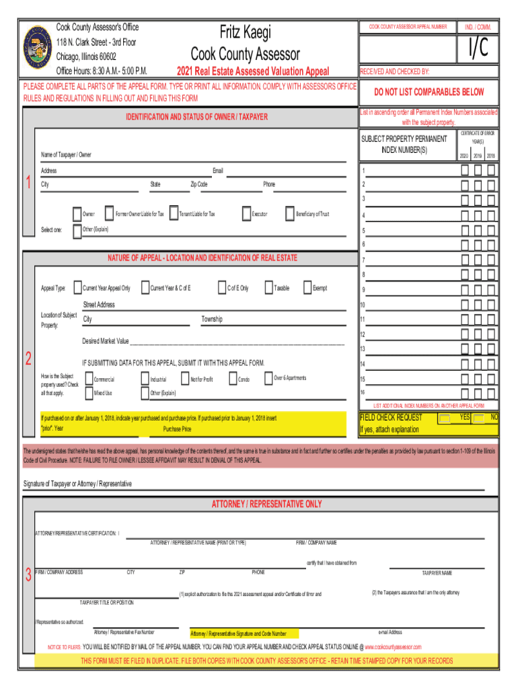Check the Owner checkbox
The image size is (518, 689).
tap(76, 214)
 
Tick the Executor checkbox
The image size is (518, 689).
tap(247, 214)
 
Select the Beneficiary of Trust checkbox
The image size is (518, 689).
tap(290, 214)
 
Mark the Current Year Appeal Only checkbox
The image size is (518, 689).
tap(77, 288)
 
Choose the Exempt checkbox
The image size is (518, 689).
tap(308, 288)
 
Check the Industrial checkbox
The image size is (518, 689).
tap(145, 379)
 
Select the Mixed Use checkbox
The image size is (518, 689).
tap(88, 393)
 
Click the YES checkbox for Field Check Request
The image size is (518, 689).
tap(444, 419)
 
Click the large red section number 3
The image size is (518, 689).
tap(28, 575)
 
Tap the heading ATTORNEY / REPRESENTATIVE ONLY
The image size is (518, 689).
tap(267, 504)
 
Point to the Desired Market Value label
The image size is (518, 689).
tap(105, 340)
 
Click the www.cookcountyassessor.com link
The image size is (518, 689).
tap(394, 647)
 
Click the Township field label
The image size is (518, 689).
tap(211, 319)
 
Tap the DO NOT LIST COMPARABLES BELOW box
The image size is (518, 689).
tap(430, 92)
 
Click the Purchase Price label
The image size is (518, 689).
tap(177, 429)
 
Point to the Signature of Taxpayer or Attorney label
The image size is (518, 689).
tap(77, 484)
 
